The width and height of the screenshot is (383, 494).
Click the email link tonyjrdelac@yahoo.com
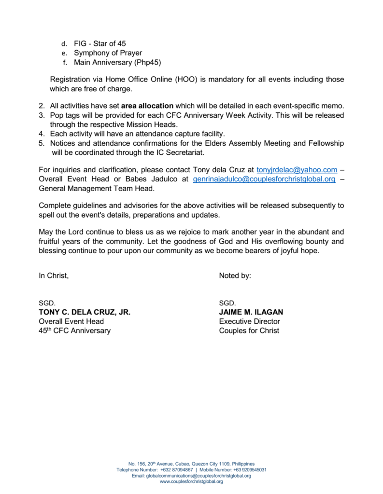point(297,169)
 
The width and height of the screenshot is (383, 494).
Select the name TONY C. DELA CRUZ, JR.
point(85,312)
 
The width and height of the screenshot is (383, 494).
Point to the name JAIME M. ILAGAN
point(251,312)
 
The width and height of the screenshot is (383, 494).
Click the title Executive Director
point(249,321)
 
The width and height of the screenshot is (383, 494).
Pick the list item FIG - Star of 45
point(100,43)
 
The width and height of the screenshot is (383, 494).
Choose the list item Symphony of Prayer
point(108,53)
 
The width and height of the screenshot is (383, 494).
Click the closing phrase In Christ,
point(54,275)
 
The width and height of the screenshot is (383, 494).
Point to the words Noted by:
point(235,275)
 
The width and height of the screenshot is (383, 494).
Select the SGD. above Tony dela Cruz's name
point(47,303)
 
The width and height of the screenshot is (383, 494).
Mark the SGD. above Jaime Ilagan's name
point(227,303)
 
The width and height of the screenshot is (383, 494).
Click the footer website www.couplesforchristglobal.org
point(191,481)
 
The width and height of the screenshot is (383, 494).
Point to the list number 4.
point(41,133)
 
